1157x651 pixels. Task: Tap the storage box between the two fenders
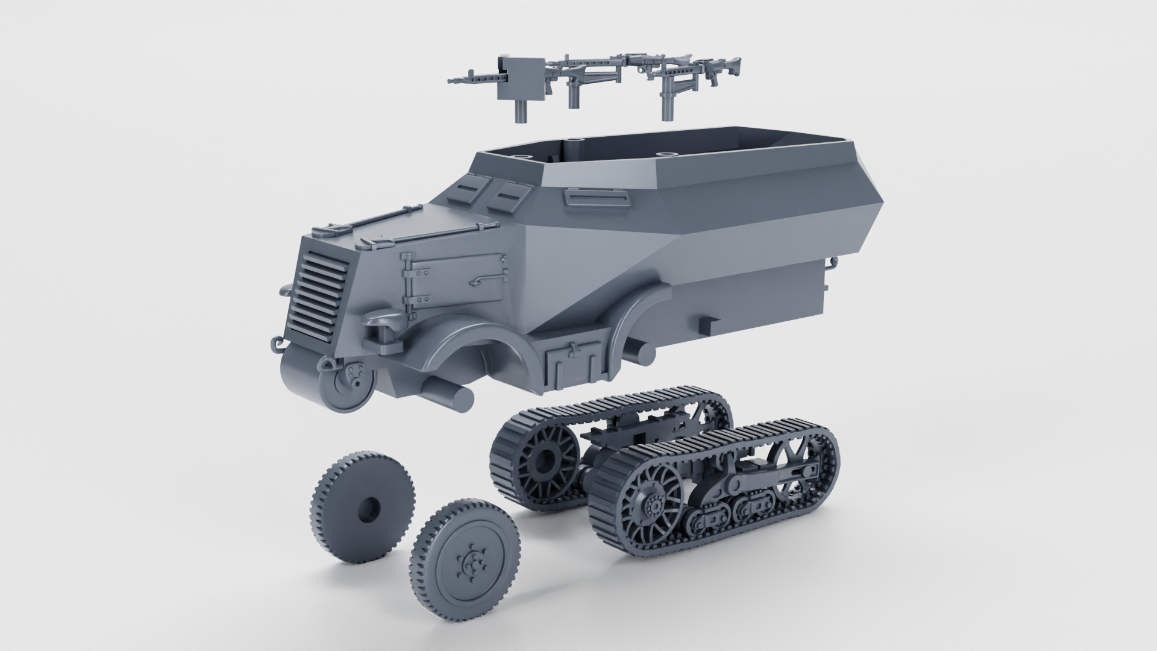[572, 365]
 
